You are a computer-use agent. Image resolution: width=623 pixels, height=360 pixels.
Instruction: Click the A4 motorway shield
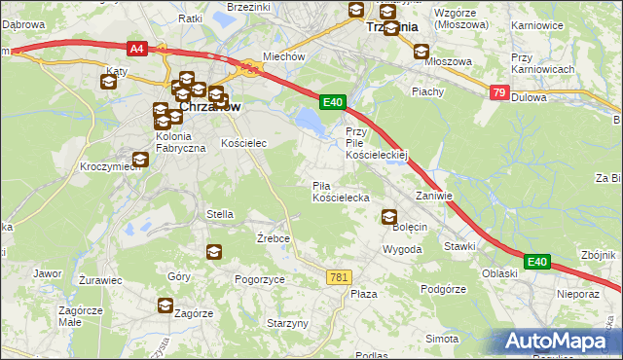click(137, 47)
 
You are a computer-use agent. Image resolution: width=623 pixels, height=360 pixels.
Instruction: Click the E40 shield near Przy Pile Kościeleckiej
click(333, 101)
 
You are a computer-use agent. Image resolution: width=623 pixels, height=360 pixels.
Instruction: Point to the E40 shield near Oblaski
click(537, 262)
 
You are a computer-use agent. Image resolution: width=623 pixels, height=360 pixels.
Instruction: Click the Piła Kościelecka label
click(340, 192)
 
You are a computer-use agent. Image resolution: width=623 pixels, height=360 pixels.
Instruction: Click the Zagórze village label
click(194, 313)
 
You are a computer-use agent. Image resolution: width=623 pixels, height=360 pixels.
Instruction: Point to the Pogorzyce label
click(260, 279)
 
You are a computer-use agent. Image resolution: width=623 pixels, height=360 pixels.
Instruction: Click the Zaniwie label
click(434, 196)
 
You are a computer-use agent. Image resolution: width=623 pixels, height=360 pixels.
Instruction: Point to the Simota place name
click(442, 339)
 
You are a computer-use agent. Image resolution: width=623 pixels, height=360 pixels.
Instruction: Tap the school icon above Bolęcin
click(389, 217)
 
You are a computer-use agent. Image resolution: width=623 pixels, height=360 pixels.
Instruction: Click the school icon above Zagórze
click(165, 306)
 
